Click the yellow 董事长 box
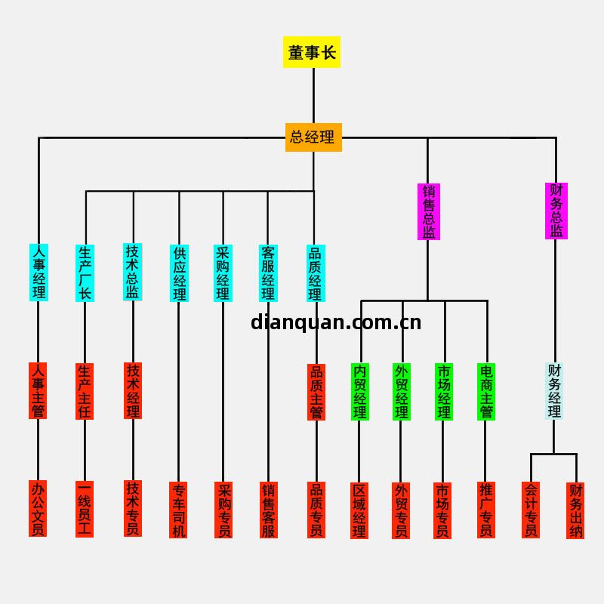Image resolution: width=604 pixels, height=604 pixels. point(312,52)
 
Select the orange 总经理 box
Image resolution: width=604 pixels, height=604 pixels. point(313,137)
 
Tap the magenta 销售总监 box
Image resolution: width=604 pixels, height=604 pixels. point(428,211)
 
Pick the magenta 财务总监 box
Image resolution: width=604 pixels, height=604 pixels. point(556,211)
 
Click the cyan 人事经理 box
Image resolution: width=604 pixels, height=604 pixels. point(39,272)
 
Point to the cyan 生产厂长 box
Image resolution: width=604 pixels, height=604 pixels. point(85,273)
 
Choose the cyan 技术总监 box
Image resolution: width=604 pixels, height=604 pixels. point(133,272)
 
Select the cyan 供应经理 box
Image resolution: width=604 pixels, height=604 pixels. point(180,273)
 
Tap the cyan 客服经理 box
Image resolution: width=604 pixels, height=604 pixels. point(268,273)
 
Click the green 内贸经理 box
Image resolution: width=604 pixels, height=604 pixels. point(360,392)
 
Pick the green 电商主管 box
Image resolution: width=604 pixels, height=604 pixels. point(486,392)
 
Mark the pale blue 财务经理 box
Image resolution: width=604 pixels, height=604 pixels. point(555,391)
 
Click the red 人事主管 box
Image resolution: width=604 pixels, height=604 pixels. point(38,391)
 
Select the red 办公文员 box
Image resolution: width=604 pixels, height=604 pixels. point(38,509)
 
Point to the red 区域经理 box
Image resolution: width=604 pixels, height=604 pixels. point(359,510)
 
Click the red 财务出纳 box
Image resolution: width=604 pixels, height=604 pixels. point(575,510)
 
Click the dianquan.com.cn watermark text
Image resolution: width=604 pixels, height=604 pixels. point(336,323)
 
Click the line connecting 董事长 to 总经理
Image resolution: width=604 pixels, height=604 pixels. point(313,95)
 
